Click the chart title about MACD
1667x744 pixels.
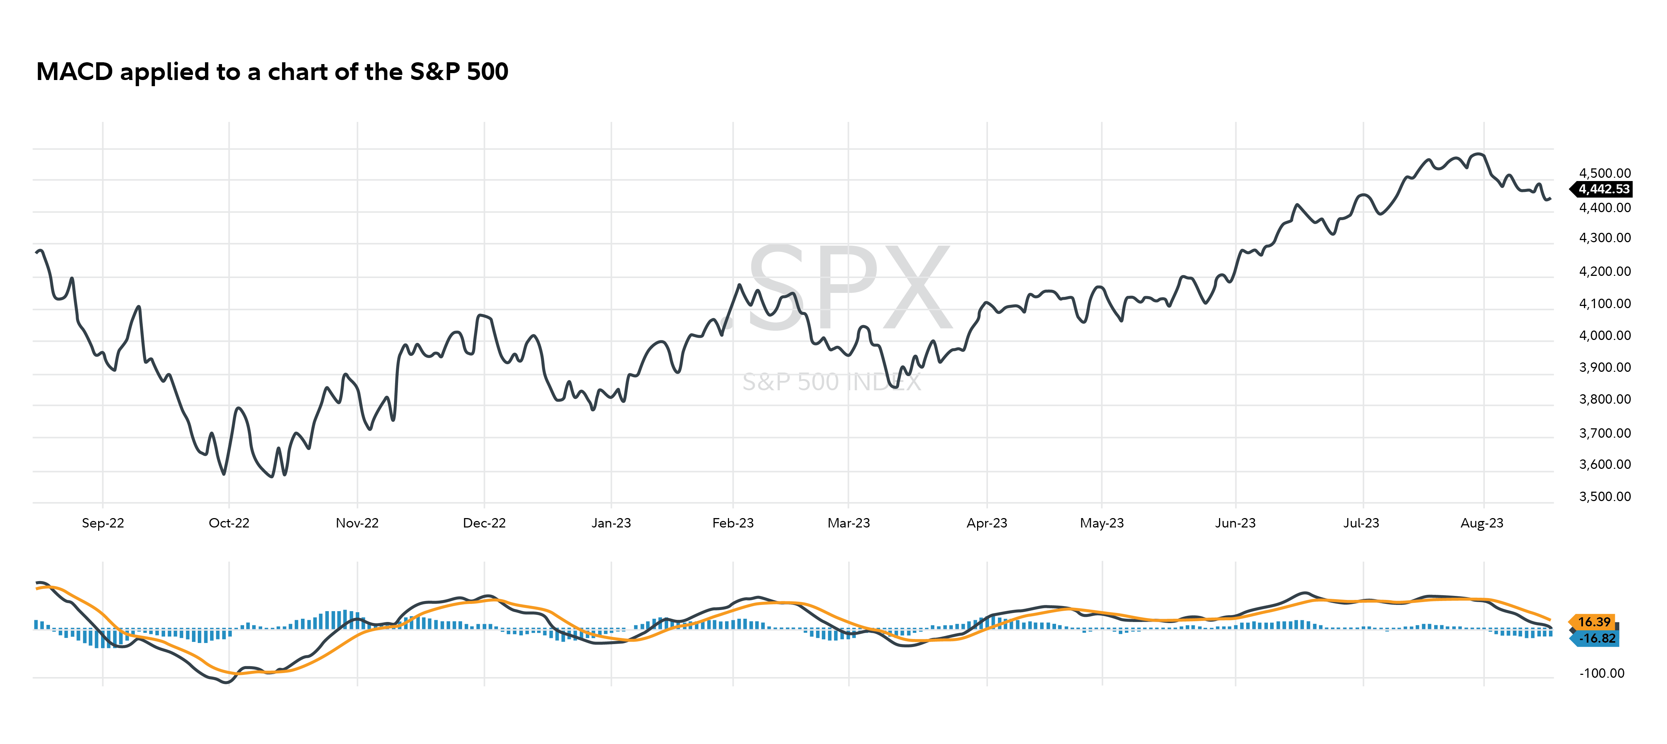tap(272, 72)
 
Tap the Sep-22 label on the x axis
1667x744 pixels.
tap(103, 523)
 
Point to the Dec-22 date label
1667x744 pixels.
tap(484, 523)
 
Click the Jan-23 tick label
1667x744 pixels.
tap(611, 523)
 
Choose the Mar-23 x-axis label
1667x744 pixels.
tap(849, 523)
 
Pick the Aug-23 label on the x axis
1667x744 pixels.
tap(1482, 523)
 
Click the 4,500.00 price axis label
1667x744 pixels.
tap(1605, 173)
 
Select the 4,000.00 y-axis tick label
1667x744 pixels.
tap(1605, 335)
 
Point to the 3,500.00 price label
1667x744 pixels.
tap(1605, 496)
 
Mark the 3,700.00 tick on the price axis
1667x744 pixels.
tap(1605, 433)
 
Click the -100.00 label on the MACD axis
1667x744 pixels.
tap(1602, 673)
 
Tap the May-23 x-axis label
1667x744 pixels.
tap(1101, 523)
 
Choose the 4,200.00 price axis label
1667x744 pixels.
tap(1605, 271)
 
